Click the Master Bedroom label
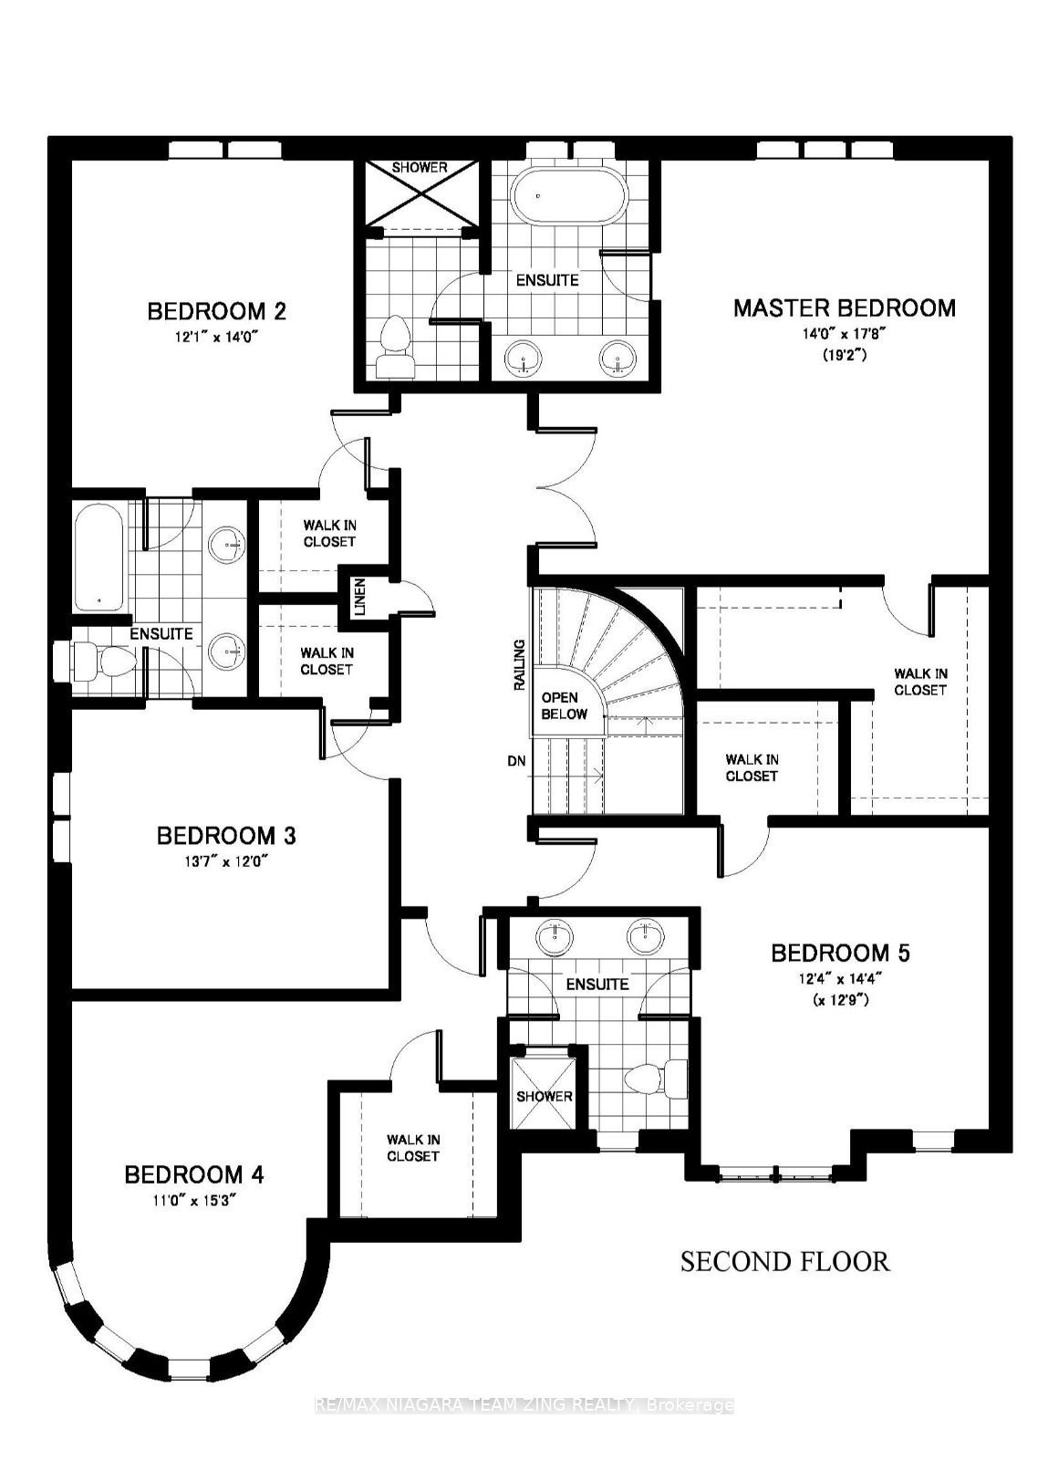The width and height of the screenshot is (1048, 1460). pos(844,308)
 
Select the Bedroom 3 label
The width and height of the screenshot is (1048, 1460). pos(226,836)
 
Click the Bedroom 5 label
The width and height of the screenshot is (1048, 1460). pos(840,953)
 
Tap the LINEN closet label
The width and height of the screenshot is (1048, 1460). pos(358,596)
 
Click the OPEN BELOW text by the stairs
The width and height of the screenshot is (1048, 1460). pos(564,706)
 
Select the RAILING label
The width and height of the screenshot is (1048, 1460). pos(519,665)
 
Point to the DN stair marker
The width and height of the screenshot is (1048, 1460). pos(516,761)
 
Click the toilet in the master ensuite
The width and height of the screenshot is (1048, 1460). pos(394,346)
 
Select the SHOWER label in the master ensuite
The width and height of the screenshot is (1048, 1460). pos(420,168)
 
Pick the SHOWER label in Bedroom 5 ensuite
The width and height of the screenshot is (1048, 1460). pos(544,1096)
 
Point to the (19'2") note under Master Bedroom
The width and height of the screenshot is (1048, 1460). pos(844,356)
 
